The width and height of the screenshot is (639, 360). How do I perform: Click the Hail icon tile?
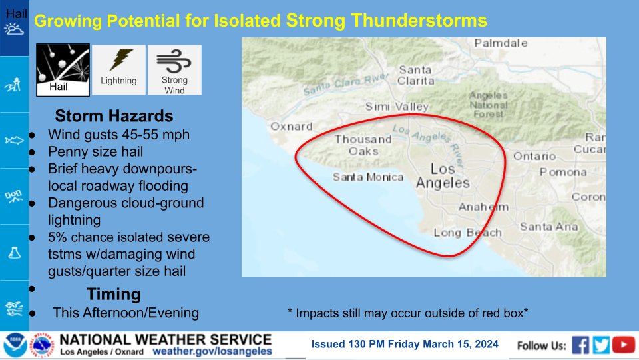coord(63,70)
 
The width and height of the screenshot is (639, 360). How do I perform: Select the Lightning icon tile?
coord(118,70)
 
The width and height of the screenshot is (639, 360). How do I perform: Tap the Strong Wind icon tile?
coord(174,70)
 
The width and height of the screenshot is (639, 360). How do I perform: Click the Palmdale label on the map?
coord(501,43)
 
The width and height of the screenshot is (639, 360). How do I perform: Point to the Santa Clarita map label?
coord(415,75)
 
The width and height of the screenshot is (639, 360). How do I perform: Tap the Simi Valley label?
coord(397,107)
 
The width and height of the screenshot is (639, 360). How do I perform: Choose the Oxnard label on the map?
coord(292,127)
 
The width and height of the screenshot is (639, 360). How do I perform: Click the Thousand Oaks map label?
coord(363,145)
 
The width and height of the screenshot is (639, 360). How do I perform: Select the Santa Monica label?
coord(368,177)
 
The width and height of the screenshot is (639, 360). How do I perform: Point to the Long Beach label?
coord(467,233)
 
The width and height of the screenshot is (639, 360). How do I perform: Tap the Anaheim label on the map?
coord(483,207)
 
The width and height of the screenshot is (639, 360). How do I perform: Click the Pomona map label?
coord(563,172)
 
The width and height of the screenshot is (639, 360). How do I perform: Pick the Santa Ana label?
coord(549,227)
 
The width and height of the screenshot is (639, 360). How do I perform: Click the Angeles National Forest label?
coord(488,105)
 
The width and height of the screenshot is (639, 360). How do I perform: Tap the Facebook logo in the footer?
coord(580,345)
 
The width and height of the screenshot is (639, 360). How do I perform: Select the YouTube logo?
coord(624,345)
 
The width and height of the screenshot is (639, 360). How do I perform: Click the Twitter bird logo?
coord(601,345)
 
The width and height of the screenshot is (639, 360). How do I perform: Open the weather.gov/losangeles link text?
coord(212,351)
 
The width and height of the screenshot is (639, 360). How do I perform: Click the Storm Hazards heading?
coord(114,116)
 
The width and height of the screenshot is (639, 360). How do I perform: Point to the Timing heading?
coord(114,294)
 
